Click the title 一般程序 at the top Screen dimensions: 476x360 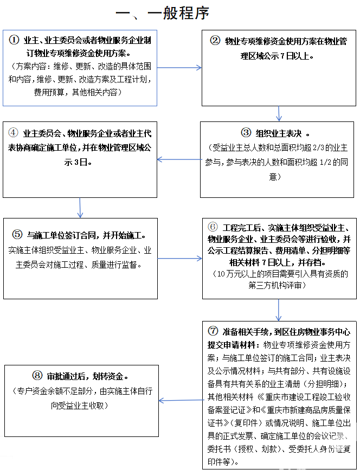163,13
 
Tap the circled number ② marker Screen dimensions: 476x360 215,41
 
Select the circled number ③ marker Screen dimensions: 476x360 247,133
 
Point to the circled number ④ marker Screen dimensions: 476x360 14,133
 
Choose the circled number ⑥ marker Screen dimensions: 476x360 213,227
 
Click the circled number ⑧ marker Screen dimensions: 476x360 37,375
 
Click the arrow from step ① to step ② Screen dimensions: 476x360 179,68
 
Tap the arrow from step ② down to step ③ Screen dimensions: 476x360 279,113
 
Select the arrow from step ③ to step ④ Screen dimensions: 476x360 179,159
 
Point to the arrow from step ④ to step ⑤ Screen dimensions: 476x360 80,208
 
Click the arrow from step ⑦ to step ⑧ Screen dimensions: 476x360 181,401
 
